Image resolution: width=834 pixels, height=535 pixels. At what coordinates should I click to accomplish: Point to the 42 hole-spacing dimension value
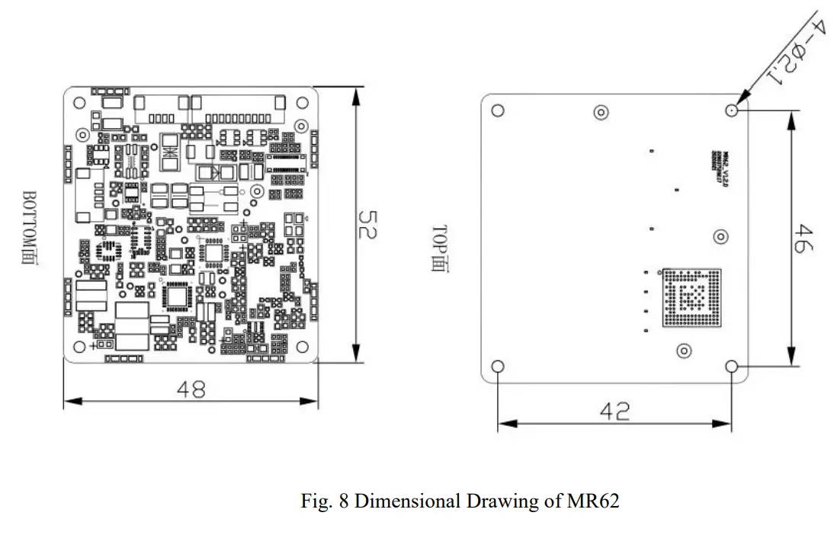(614, 412)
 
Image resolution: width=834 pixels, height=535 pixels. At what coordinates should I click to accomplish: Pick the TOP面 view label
(440, 249)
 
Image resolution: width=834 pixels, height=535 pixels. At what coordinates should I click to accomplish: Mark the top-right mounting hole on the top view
(732, 111)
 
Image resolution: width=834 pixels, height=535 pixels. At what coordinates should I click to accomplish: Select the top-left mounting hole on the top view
(498, 111)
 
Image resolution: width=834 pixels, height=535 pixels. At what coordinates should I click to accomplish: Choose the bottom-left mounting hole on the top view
(498, 367)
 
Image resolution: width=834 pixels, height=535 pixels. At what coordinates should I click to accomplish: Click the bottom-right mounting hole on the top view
(732, 367)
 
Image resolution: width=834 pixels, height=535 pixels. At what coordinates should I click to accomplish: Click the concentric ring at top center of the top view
(601, 113)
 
